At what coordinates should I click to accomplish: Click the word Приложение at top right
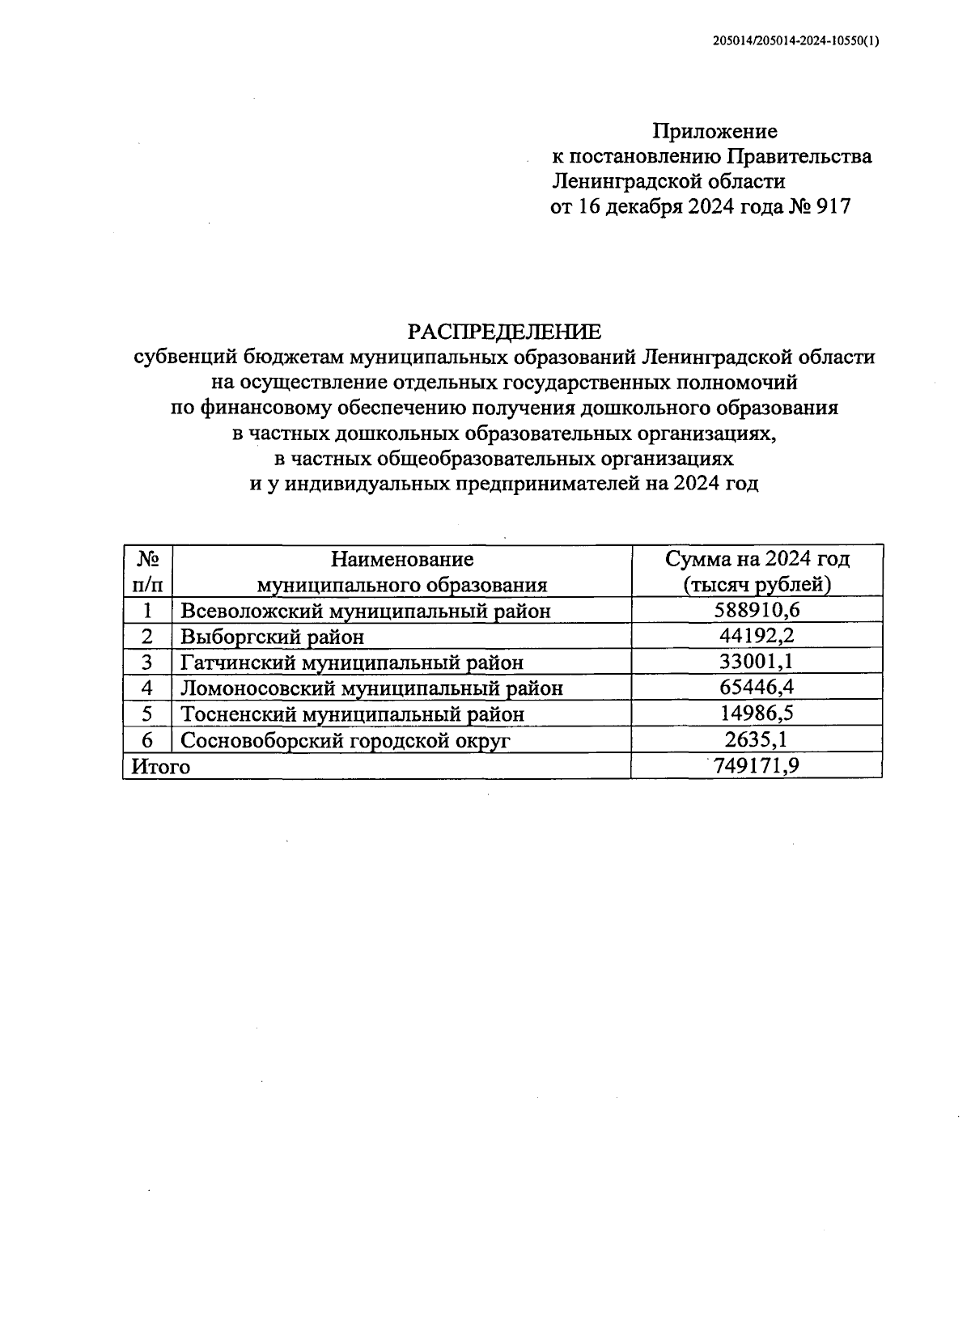tap(714, 131)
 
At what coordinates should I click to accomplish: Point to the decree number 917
tap(833, 207)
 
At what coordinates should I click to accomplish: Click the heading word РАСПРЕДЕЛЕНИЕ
tap(504, 332)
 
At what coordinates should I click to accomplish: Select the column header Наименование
tap(401, 559)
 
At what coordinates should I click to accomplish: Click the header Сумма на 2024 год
tap(757, 559)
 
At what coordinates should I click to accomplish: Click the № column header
tap(147, 559)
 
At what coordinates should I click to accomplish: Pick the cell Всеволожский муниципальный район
tap(365, 611)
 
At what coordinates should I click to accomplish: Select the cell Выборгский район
tap(272, 637)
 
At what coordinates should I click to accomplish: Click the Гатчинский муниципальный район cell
tap(352, 663)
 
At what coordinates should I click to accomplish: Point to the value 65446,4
tap(757, 688)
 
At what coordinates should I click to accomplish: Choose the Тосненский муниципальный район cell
tap(352, 714)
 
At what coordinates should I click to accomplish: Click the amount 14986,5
tap(757, 714)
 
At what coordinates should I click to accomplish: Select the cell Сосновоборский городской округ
tap(346, 740)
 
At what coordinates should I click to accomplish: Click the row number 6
tap(147, 740)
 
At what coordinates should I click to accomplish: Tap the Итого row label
tap(161, 766)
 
